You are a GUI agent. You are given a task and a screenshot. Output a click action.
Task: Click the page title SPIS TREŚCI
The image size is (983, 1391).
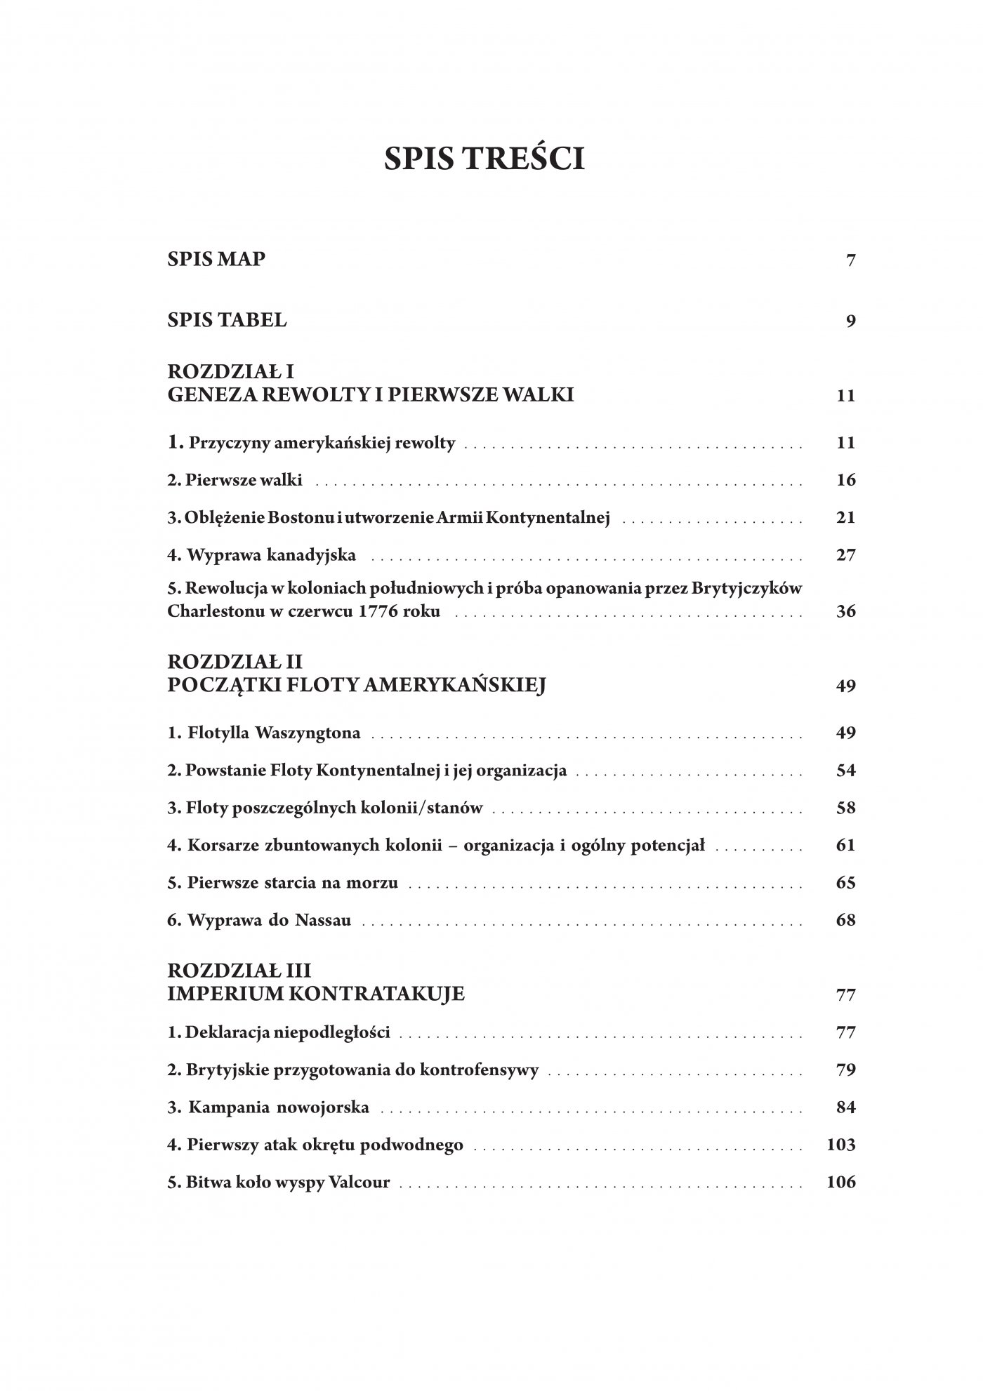click(484, 160)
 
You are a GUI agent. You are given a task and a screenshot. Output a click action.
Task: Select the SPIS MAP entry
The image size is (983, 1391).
click(216, 260)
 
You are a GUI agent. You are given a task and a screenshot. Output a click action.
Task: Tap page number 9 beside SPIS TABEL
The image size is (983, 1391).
click(851, 321)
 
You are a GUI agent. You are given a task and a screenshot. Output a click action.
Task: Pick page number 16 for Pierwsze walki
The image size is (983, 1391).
click(846, 480)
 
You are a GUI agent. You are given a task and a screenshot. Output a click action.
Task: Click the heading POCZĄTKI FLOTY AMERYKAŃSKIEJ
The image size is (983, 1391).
click(357, 685)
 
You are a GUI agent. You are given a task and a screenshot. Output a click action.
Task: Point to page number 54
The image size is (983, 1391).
click(846, 771)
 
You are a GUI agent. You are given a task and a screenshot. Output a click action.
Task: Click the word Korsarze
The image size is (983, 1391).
click(216, 845)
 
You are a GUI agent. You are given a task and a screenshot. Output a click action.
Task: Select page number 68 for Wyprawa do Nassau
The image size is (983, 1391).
click(846, 919)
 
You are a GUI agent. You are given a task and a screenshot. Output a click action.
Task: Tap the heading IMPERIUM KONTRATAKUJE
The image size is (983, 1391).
click(316, 994)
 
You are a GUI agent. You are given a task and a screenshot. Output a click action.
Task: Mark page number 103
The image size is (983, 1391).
click(841, 1145)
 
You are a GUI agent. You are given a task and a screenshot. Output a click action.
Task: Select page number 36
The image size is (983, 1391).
click(846, 611)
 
